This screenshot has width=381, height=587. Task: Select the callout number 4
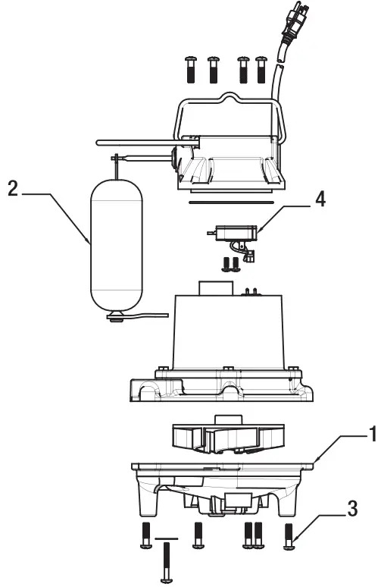point(320,199)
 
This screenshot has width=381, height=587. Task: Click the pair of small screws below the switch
point(231,264)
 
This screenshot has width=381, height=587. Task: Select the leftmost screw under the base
point(145,536)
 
